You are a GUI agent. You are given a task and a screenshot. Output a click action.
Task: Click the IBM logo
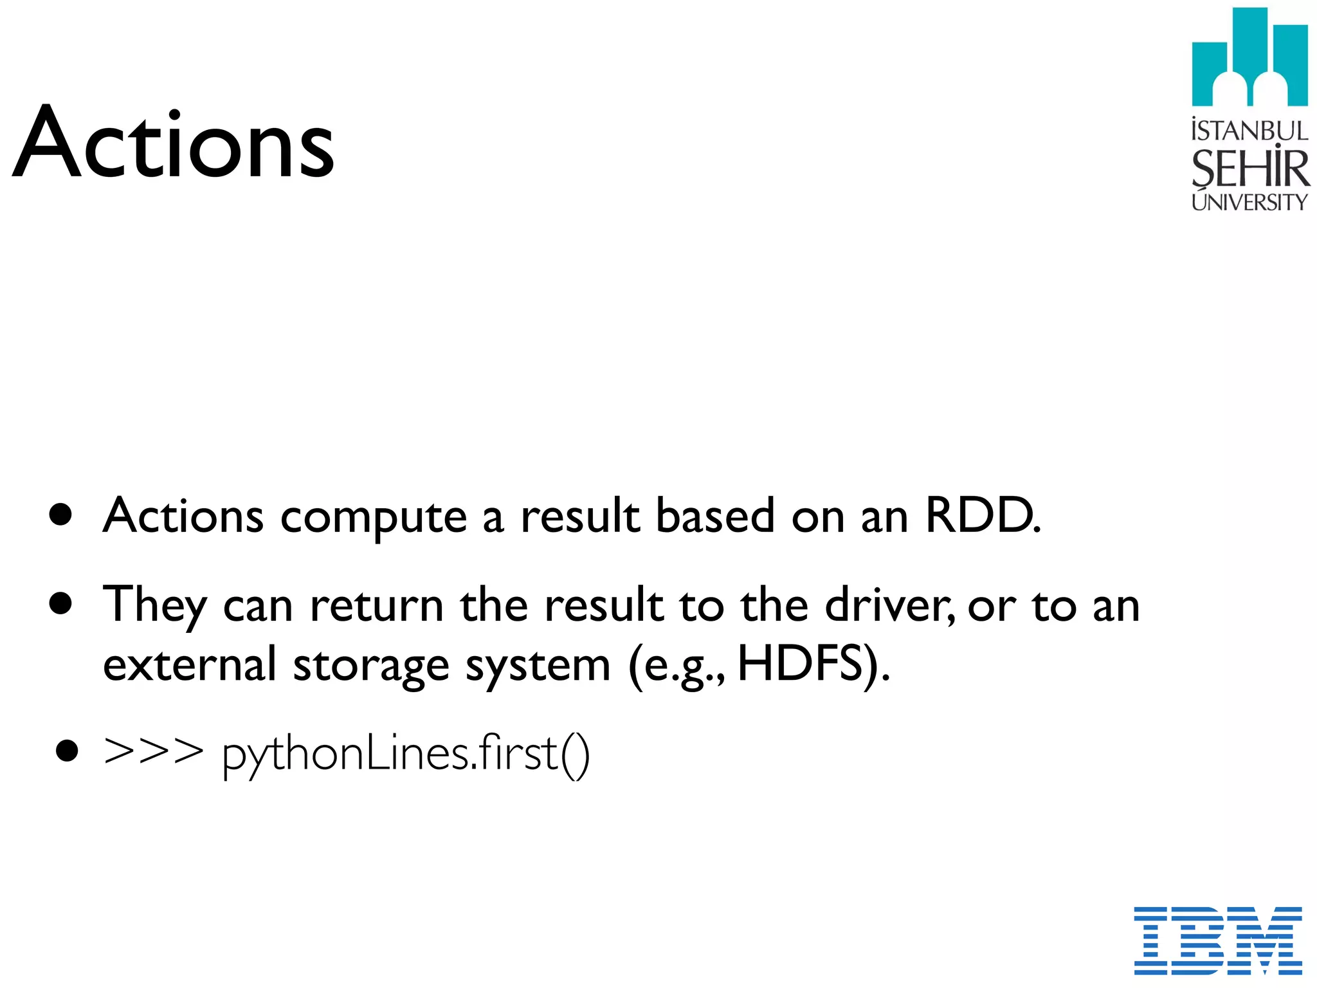pos(1217,940)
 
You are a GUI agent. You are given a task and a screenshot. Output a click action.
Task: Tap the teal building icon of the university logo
pos(1249,58)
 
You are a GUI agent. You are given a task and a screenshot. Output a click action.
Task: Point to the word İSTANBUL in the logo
pos(1249,131)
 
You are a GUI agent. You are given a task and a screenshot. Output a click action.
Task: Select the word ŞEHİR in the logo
pos(1249,169)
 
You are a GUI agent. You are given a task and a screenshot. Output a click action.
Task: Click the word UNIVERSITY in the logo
pos(1249,202)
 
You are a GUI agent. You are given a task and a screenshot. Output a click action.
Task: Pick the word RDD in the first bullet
pos(981,516)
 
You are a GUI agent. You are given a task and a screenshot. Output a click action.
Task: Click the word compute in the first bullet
pos(374,518)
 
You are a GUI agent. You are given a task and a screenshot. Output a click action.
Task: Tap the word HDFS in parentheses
pos(799,664)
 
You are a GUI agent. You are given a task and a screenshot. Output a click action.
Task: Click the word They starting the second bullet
pos(154,605)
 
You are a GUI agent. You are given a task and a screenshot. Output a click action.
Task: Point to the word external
pos(189,664)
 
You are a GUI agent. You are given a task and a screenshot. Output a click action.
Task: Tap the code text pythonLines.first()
pos(405,754)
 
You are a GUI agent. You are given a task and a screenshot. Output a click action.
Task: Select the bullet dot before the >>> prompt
pos(67,751)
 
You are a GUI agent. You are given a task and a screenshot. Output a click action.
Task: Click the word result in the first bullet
pos(579,516)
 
